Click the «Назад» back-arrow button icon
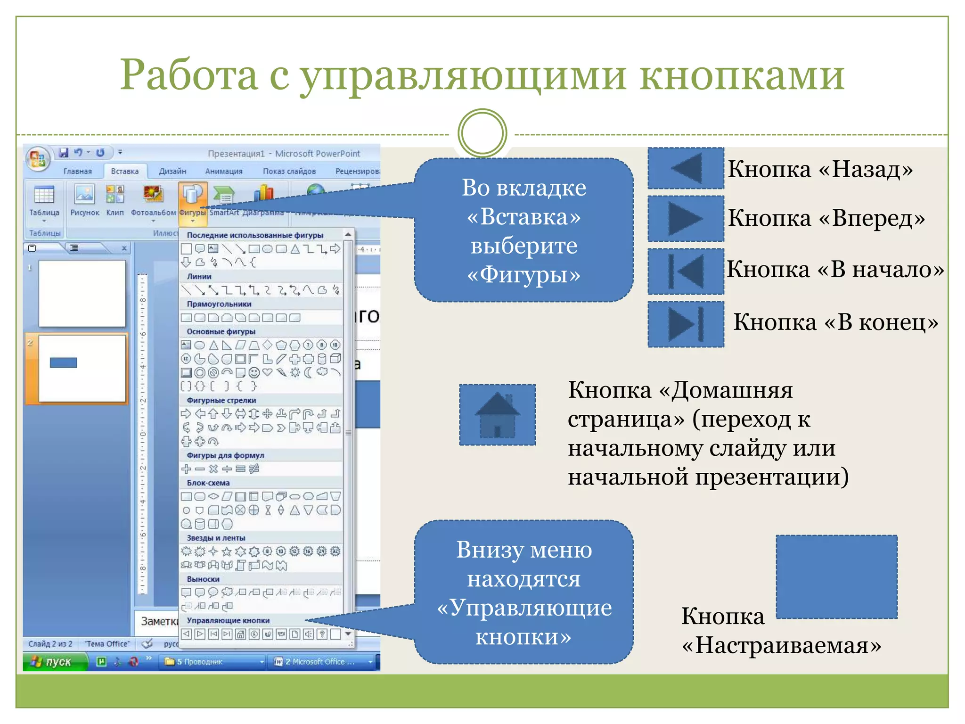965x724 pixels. coord(686,168)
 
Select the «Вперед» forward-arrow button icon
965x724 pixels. coord(686,219)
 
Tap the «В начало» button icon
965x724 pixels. coord(686,271)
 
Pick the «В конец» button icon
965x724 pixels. coord(686,324)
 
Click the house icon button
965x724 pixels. coord(497,414)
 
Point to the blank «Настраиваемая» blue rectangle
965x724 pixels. coord(836,576)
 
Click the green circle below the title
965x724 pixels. coord(482,133)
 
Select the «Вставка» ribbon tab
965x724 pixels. coord(125,171)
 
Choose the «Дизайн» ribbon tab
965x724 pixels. coord(172,171)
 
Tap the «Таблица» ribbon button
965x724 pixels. coord(44,200)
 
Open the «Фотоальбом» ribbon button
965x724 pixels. coord(153,200)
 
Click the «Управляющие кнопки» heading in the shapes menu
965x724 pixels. coord(228,620)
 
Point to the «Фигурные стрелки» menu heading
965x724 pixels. coord(221,400)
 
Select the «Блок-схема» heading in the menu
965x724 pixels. coord(208,483)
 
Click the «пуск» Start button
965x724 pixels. coord(55,662)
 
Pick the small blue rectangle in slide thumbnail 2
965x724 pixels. coord(64,362)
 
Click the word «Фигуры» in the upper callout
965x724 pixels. coord(523,274)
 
